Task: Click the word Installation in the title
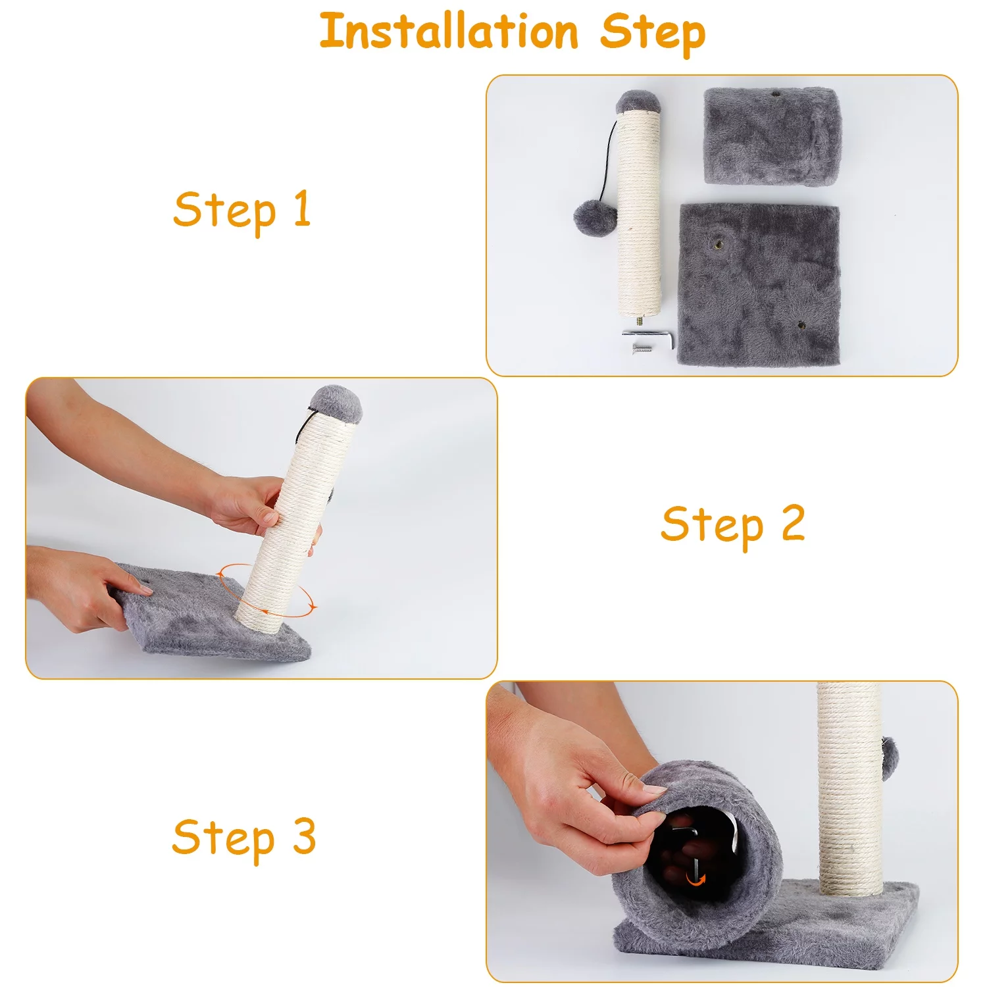(449, 31)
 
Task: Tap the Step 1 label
(242, 211)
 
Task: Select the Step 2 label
(733, 526)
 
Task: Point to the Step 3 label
(244, 839)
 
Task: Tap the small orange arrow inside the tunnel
(696, 878)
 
